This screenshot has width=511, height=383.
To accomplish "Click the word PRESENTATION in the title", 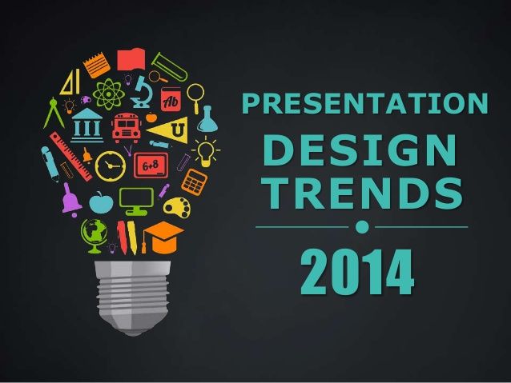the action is coord(365,103).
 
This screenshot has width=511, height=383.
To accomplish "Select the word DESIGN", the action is coord(360,150).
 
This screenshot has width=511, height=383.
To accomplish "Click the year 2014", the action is coord(357,272).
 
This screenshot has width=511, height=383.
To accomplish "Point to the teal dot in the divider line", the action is coord(362,227).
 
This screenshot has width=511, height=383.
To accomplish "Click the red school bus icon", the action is coord(126,128).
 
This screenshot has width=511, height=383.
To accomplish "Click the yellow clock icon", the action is coord(111,166).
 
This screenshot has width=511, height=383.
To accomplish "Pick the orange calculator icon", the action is coord(194,182).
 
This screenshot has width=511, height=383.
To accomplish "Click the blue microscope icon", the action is coord(142,92).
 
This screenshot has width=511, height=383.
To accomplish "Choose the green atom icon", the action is coord(108,94).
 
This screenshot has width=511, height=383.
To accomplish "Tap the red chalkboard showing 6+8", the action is coord(151,166).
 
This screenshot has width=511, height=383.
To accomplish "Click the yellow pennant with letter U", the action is coord(170,130).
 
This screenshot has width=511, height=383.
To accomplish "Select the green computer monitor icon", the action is coord(136,201).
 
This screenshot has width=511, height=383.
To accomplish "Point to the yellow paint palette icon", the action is coord(177,207).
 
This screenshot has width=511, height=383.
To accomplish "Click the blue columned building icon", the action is coord(87,126).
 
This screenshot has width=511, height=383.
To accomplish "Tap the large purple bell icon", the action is coord(70,199).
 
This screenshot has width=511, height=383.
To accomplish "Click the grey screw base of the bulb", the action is coord(133,297).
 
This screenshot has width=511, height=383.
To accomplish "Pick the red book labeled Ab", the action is coord(171,99).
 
